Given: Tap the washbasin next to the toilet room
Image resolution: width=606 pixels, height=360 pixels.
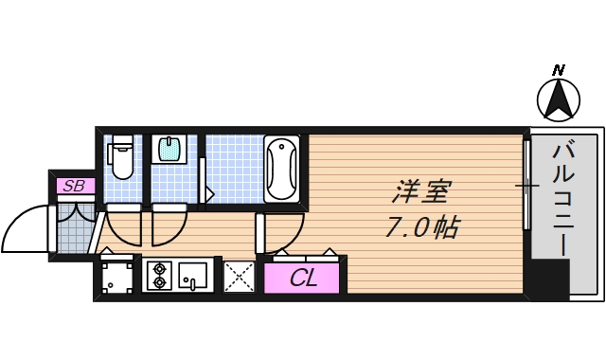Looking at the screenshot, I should click(169, 149).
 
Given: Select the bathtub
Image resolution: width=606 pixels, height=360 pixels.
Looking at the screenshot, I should click(282, 168).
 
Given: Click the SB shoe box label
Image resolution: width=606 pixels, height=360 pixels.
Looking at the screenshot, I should click(74, 186).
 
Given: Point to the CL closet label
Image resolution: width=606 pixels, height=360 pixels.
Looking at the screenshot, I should click(303, 279).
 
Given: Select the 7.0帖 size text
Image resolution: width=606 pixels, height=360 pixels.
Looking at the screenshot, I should click(421, 227).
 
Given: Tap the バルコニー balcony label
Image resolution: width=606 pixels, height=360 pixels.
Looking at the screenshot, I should click(562, 199).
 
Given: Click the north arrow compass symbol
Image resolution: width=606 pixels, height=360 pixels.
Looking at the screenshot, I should click(559, 99).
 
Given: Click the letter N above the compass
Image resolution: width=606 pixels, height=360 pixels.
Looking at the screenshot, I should click(559, 70).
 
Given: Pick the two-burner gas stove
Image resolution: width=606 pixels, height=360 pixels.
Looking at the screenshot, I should click(158, 275).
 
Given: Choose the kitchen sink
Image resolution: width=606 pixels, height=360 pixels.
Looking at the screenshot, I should click(193, 275).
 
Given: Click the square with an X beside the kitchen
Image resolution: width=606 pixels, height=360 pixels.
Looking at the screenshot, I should click(239, 277).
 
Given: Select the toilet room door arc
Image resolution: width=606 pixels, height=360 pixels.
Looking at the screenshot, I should click(123, 225).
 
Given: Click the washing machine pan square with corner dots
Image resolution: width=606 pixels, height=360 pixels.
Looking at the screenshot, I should click(117, 278).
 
